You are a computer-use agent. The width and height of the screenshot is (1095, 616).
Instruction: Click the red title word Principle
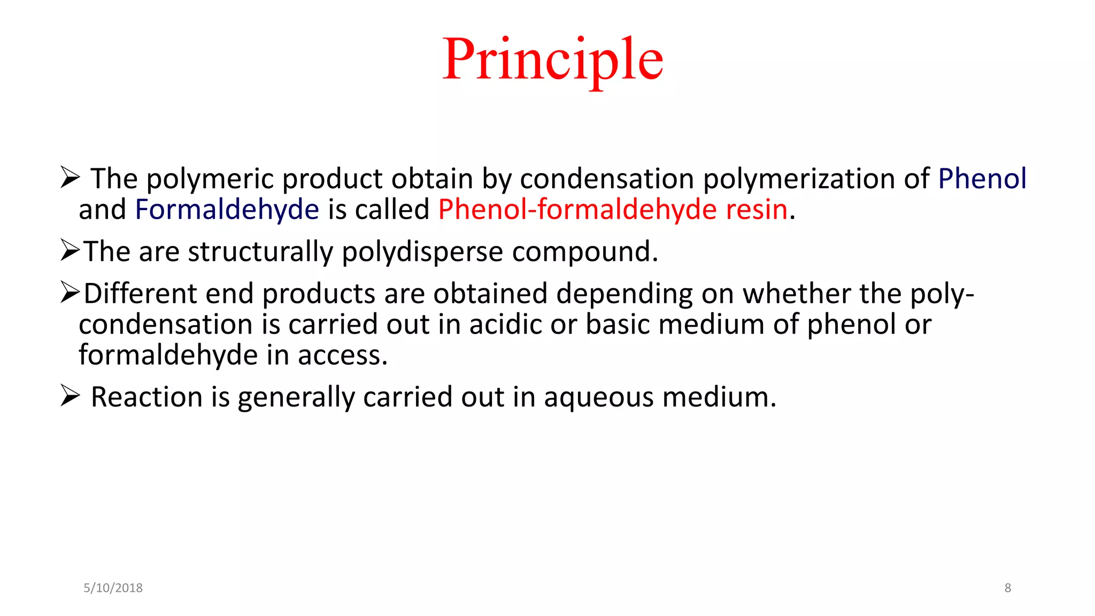pyautogui.click(x=553, y=60)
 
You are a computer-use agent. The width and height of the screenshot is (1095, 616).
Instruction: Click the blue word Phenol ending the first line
pyautogui.click(x=982, y=178)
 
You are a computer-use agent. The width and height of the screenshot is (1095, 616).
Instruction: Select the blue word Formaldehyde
pyautogui.click(x=227, y=209)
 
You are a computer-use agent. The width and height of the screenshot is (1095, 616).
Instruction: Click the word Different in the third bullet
pyautogui.click(x=140, y=294)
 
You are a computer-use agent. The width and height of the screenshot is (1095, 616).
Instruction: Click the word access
pyautogui.click(x=342, y=355)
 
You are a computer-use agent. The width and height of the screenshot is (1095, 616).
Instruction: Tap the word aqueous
pyautogui.click(x=599, y=397)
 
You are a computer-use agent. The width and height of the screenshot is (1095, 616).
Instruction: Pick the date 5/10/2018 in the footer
pyautogui.click(x=113, y=588)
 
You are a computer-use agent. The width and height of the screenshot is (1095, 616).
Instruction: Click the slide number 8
pyautogui.click(x=1007, y=588)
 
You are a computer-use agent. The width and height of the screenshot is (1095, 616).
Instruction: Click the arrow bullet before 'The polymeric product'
pyautogui.click(x=70, y=178)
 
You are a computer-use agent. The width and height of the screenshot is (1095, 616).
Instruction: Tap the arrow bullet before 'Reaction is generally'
pyautogui.click(x=70, y=396)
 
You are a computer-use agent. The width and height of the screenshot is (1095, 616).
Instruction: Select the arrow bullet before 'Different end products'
pyautogui.click(x=70, y=292)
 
